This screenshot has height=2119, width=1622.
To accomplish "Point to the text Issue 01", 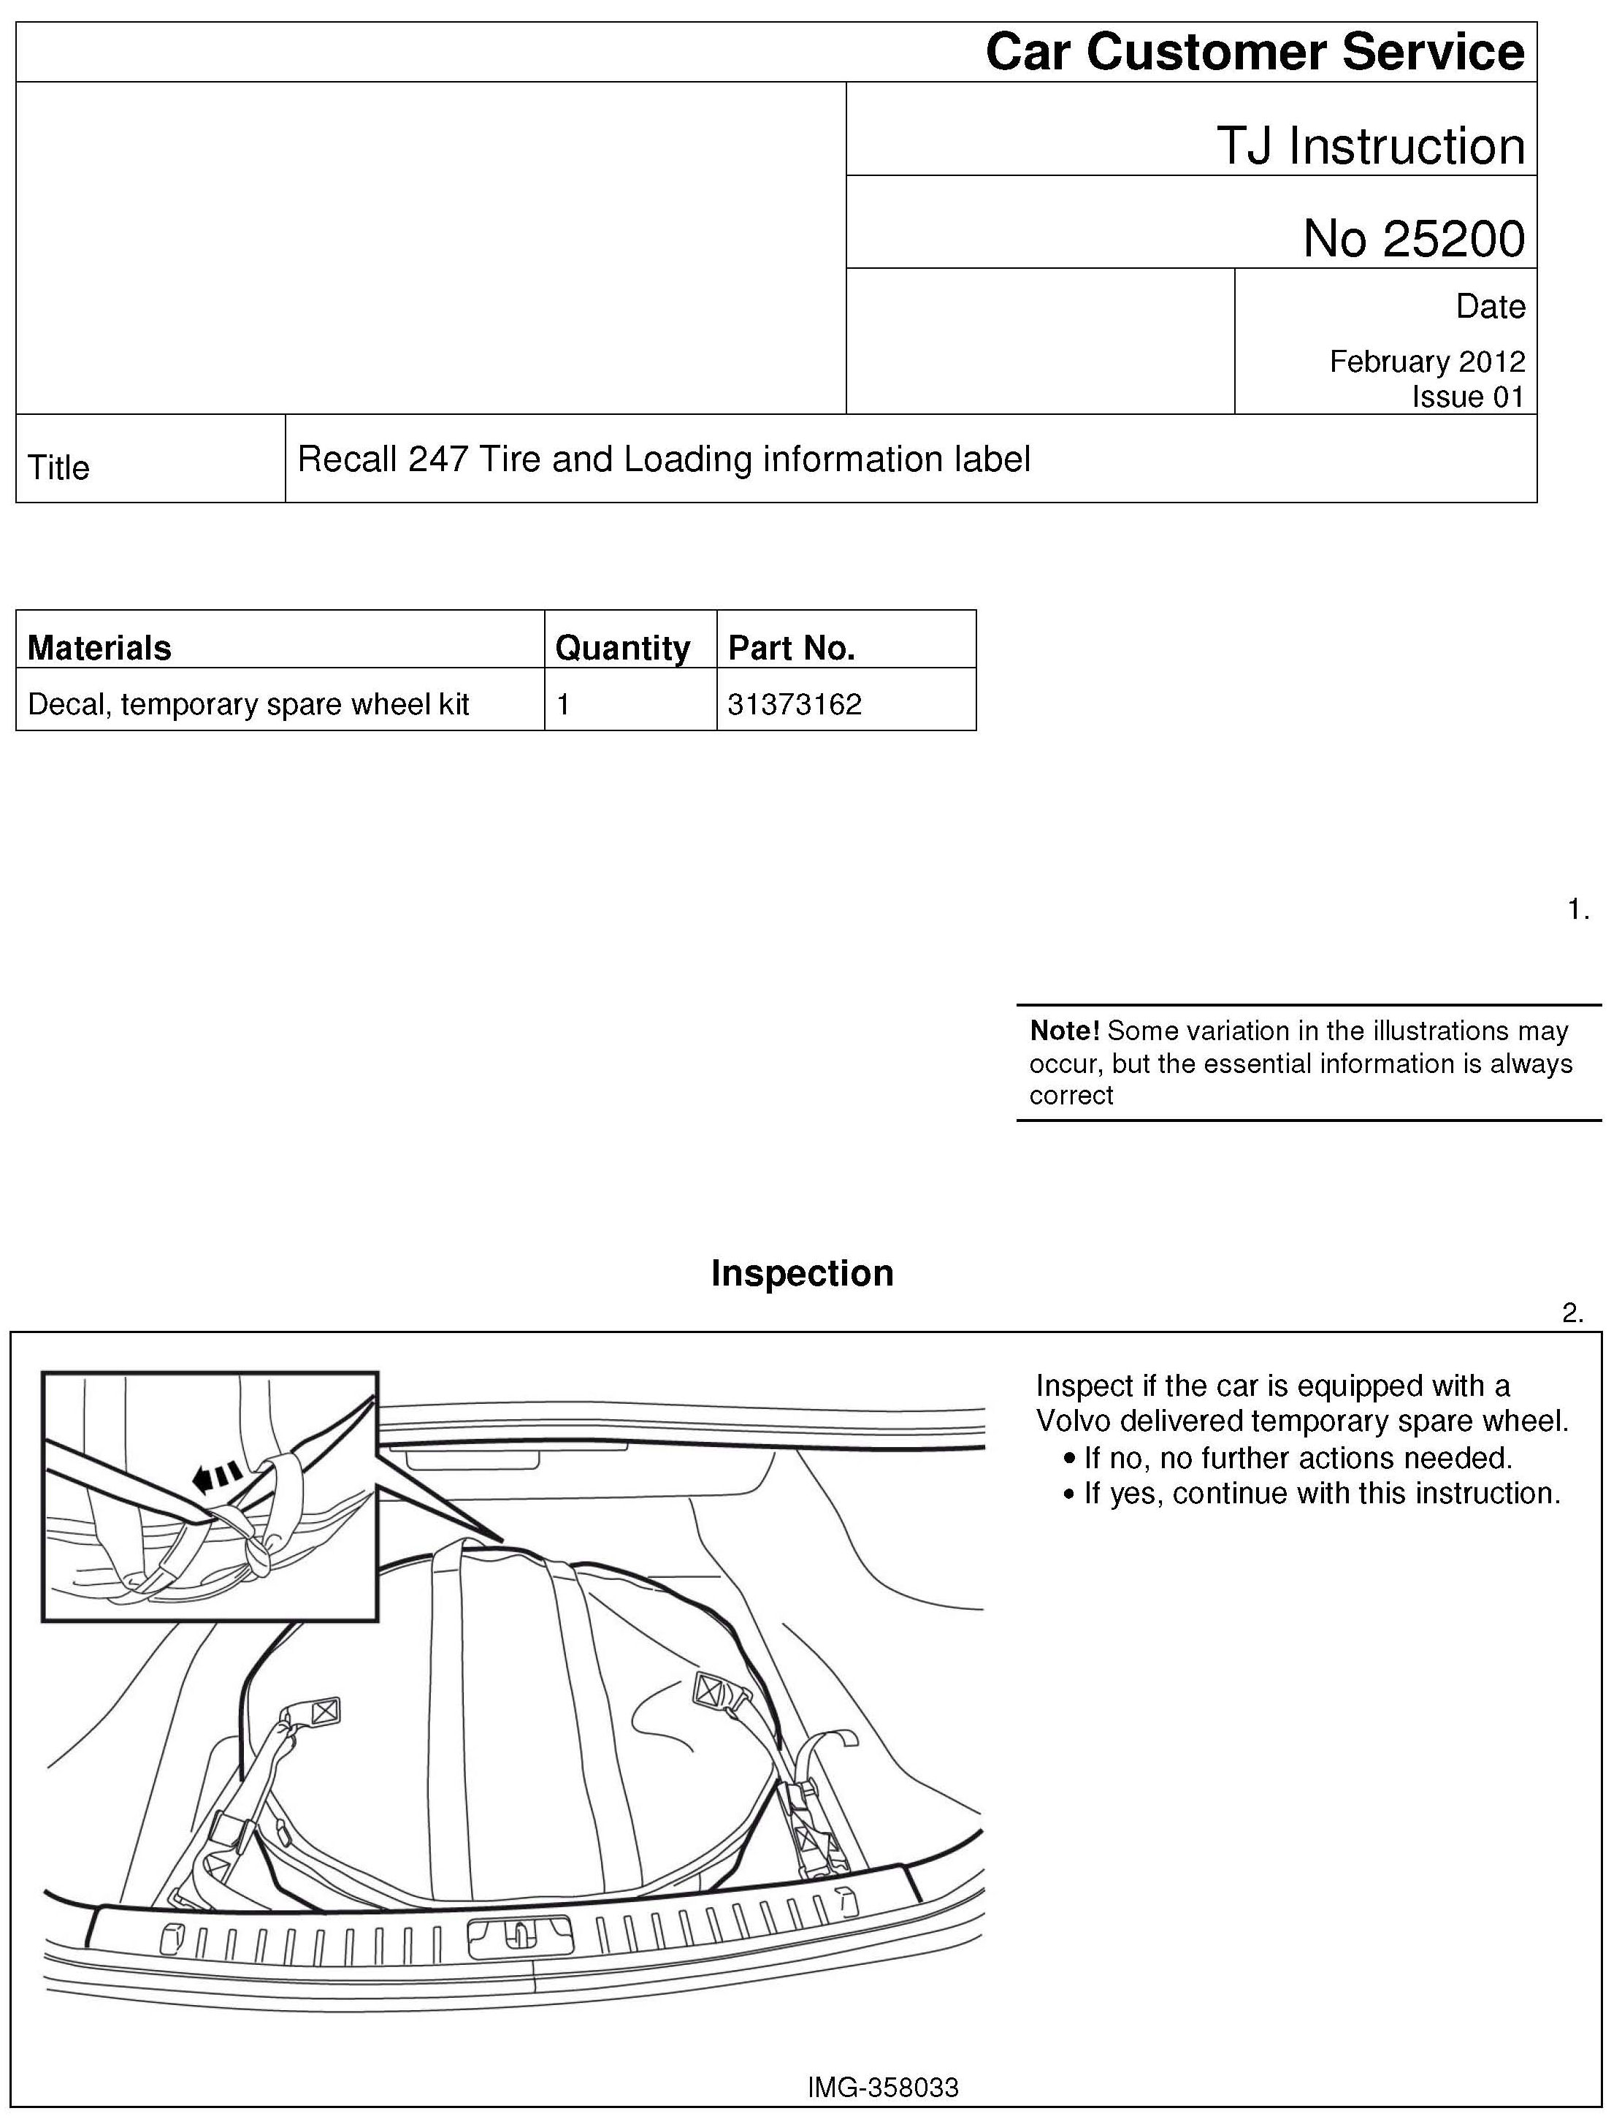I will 1467,397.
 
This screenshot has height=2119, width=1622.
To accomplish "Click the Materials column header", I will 99,648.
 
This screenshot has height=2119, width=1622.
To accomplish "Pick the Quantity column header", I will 623,648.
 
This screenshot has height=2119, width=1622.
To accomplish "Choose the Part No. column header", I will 792,648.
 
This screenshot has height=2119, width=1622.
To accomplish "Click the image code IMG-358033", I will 884,2087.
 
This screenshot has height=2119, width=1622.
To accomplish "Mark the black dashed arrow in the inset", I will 217,1475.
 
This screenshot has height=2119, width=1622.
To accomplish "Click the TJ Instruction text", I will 1371,146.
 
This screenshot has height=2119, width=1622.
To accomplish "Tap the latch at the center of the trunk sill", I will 519,1936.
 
